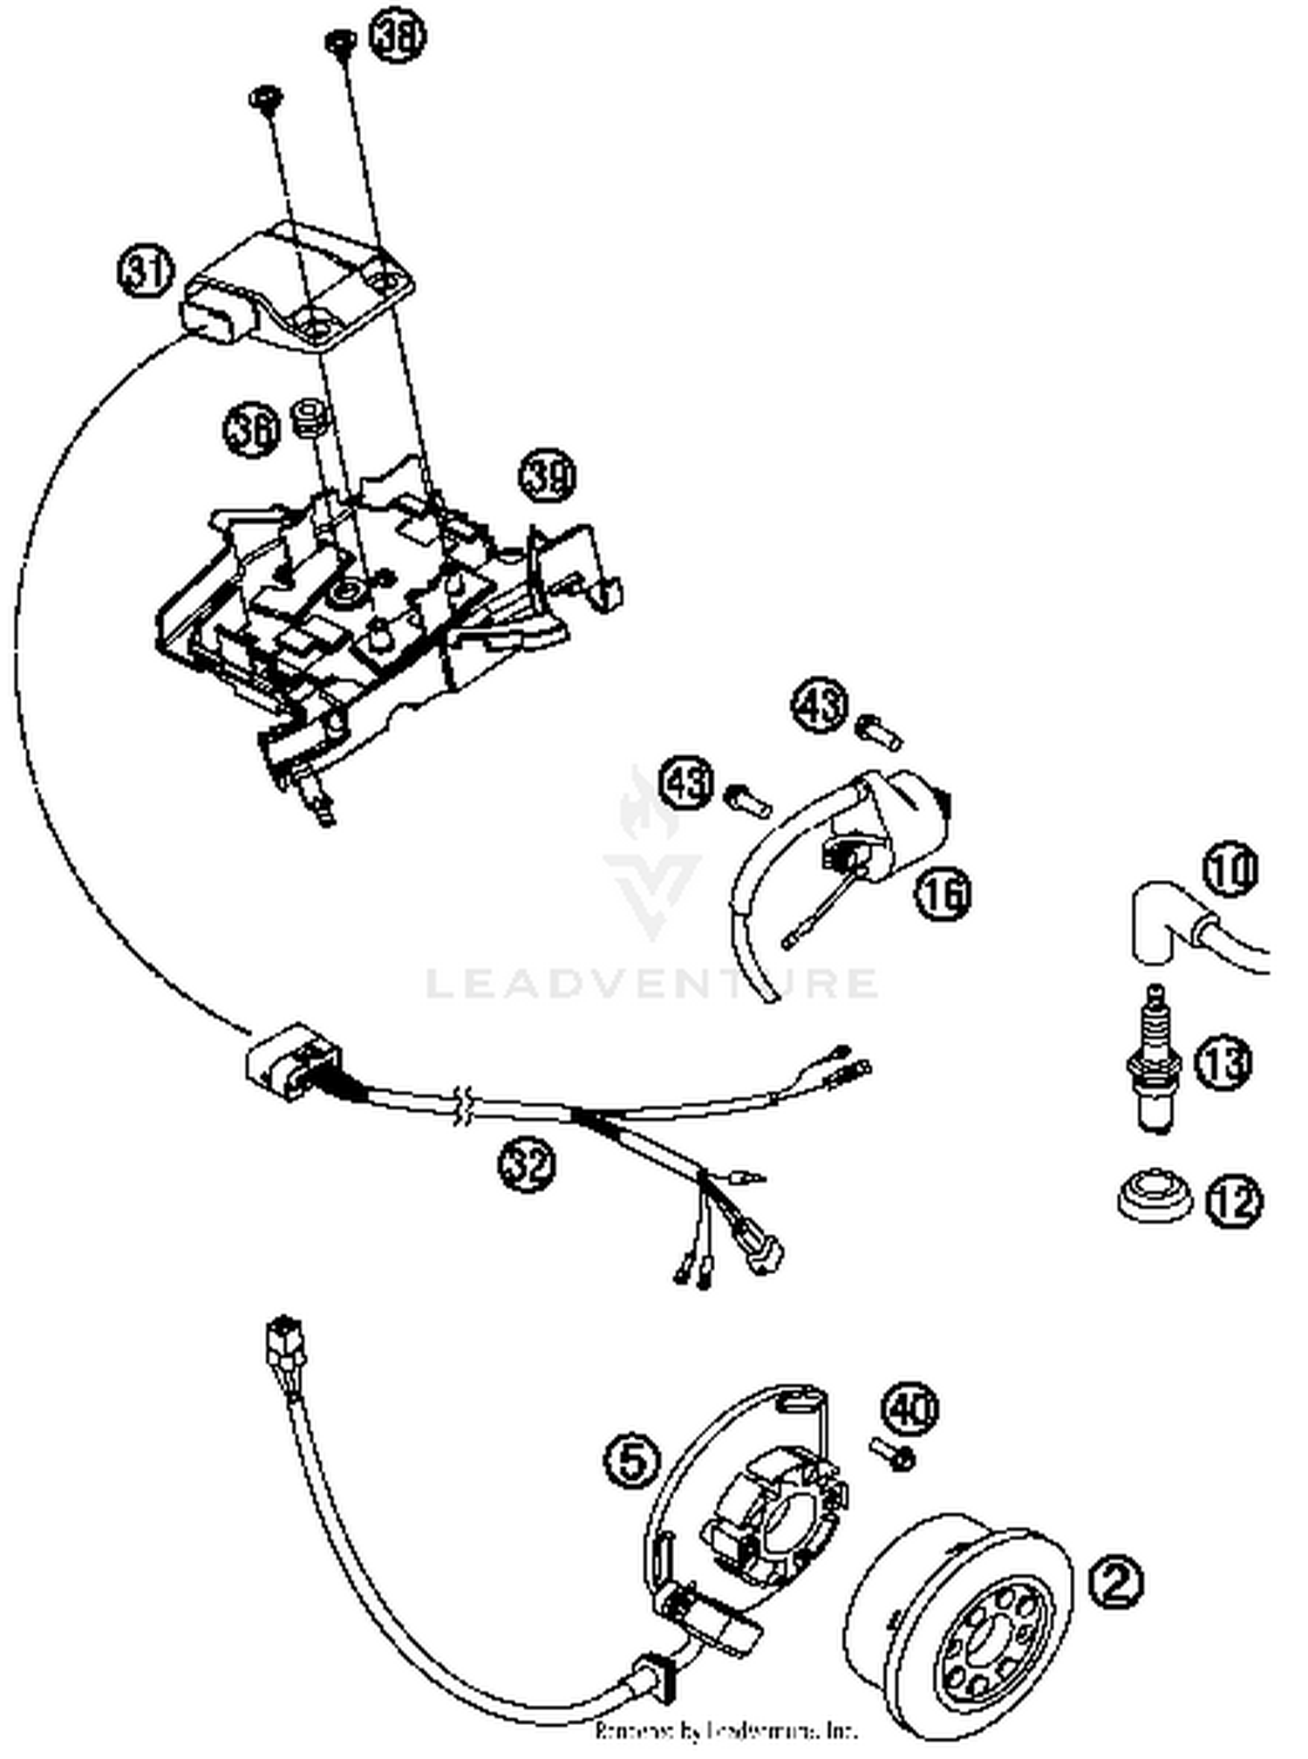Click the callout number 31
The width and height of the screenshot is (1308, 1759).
point(146,270)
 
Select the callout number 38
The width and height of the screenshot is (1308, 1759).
point(397,38)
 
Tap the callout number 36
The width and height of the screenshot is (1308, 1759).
point(252,430)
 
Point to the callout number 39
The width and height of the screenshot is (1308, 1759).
point(548,477)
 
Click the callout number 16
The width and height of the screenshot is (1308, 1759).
point(944,893)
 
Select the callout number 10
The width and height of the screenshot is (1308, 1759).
point(1231,869)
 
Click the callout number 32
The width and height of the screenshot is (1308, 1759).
point(527,1164)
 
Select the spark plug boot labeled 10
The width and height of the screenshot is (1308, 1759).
point(1160,924)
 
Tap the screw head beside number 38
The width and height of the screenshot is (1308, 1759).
point(338,41)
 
